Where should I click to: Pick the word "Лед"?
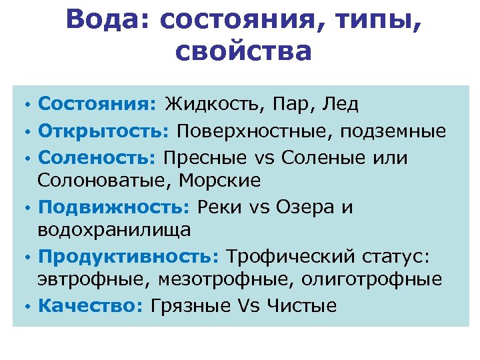tap(340, 104)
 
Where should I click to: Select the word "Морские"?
tap(223, 180)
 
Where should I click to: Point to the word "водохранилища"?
tap(115, 229)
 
